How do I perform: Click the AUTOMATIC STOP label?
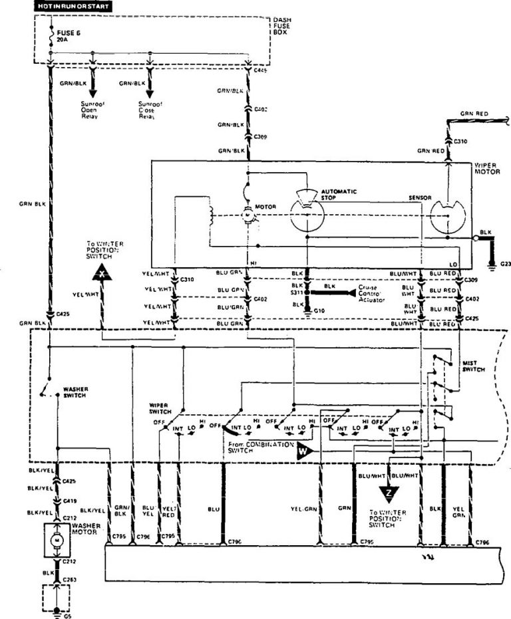click(x=339, y=195)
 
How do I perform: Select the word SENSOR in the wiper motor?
click(x=421, y=199)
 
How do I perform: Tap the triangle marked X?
click(x=101, y=273)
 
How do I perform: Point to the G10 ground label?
click(x=321, y=310)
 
